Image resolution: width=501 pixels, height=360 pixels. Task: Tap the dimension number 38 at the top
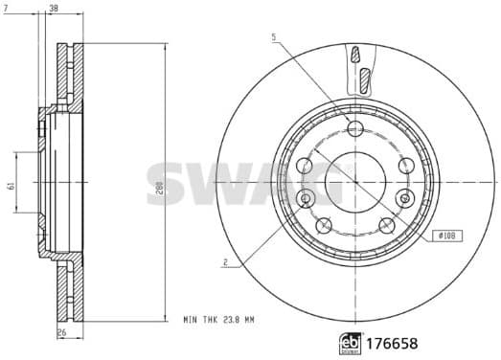[53, 9]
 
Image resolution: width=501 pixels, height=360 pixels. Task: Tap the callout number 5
[273, 37]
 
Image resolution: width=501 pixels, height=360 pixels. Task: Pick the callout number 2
[223, 262]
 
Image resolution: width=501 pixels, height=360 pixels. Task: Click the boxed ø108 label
[447, 235]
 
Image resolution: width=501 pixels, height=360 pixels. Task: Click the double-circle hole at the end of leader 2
[306, 197]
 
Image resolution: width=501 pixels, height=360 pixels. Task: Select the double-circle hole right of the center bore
[405, 197]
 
